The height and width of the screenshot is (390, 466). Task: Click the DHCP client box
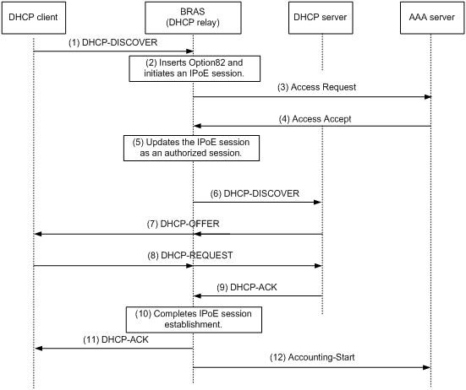click(x=34, y=18)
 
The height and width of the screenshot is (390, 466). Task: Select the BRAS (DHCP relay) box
click(x=193, y=18)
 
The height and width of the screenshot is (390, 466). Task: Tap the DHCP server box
click(x=321, y=18)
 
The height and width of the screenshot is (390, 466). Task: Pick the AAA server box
click(x=432, y=18)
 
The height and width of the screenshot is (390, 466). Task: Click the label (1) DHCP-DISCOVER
click(x=113, y=42)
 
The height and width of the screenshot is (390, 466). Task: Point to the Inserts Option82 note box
click(x=195, y=68)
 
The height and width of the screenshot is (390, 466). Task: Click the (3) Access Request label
click(x=317, y=87)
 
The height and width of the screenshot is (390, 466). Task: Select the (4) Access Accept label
click(x=315, y=119)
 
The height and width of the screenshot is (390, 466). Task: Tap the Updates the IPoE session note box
click(x=191, y=149)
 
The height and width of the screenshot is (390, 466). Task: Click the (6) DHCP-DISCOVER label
click(x=255, y=193)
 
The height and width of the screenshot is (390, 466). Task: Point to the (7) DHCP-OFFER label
click(x=183, y=224)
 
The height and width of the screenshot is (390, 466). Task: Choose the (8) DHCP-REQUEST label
click(x=190, y=255)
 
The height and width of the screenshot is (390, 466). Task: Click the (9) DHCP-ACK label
click(x=247, y=287)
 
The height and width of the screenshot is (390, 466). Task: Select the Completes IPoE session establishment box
click(x=194, y=320)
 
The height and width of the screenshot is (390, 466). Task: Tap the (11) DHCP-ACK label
click(x=116, y=339)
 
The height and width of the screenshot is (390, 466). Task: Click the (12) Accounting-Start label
click(x=312, y=357)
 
